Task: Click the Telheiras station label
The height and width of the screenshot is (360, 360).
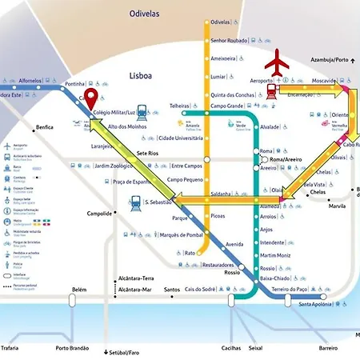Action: [183, 106]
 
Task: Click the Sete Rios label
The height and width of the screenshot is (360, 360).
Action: [150, 152]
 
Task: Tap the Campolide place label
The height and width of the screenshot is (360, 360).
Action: [100, 214]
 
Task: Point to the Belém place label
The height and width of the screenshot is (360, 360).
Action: [78, 290]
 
